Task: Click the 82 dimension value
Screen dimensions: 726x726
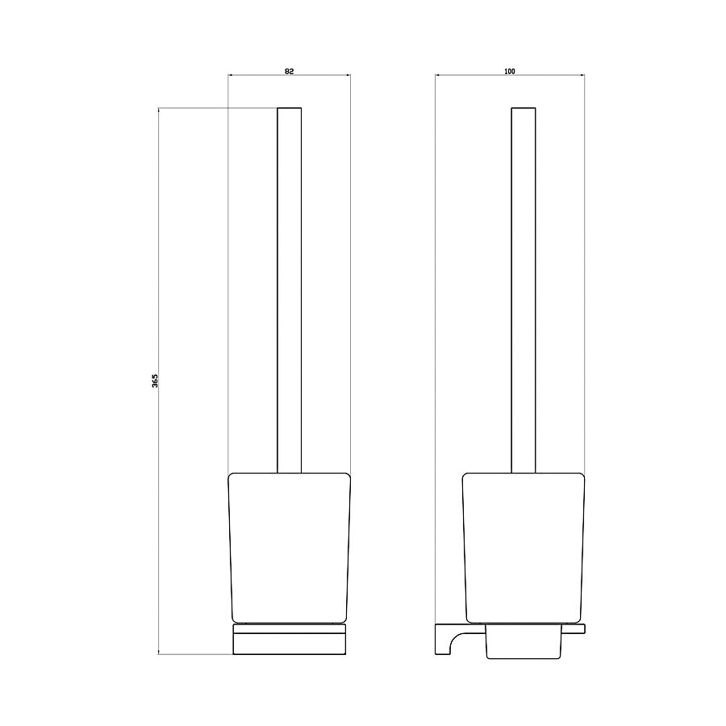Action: tap(289, 71)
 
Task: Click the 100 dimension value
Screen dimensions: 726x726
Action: tap(509, 71)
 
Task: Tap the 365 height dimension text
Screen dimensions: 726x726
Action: tap(155, 381)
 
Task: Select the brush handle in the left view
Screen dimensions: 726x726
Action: tap(289, 290)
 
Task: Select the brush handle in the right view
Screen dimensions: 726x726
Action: tap(524, 290)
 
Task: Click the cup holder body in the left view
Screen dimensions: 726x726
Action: tap(289, 548)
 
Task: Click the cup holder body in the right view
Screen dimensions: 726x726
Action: tap(524, 548)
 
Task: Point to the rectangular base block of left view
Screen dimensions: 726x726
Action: tap(290, 644)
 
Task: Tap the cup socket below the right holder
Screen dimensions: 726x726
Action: tap(524, 642)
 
